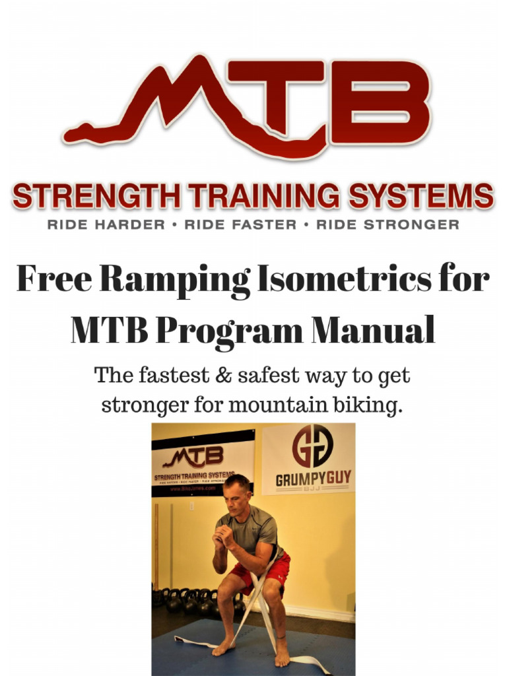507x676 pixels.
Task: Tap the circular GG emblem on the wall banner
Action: pyautogui.click(x=312, y=446)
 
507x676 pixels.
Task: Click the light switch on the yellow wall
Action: pyautogui.click(x=191, y=506)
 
